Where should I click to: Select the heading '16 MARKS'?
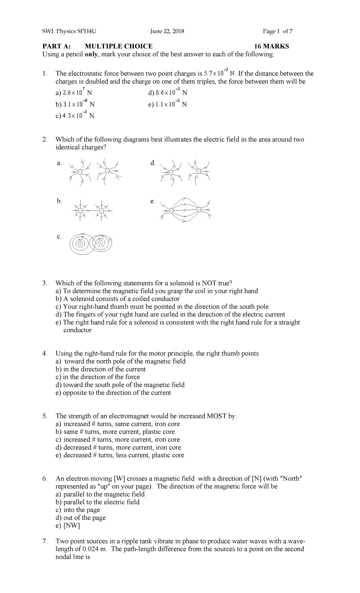click(x=271, y=46)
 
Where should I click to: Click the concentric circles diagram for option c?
click(x=90, y=243)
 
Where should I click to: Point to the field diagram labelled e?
click(x=185, y=210)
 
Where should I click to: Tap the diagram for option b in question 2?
click(x=91, y=211)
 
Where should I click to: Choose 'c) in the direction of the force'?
click(x=98, y=377)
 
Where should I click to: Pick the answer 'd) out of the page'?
click(x=80, y=518)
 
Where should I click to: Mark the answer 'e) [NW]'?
click(x=67, y=525)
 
